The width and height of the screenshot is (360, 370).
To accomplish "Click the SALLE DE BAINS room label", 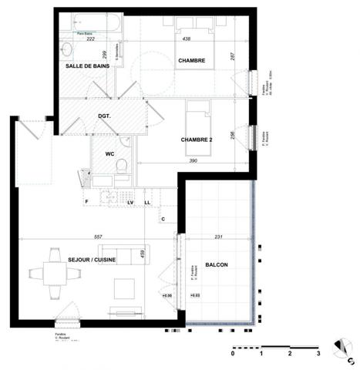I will click(87, 66).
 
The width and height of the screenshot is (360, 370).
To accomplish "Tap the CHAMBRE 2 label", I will click(197, 140).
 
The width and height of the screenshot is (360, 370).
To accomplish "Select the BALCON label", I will click(217, 264).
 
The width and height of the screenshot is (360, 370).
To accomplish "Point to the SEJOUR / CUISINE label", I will click(91, 260).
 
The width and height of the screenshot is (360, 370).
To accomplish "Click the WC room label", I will click(110, 154).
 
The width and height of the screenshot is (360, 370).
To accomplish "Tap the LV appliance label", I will click(131, 202).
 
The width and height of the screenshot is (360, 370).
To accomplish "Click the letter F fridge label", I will click(86, 202).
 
